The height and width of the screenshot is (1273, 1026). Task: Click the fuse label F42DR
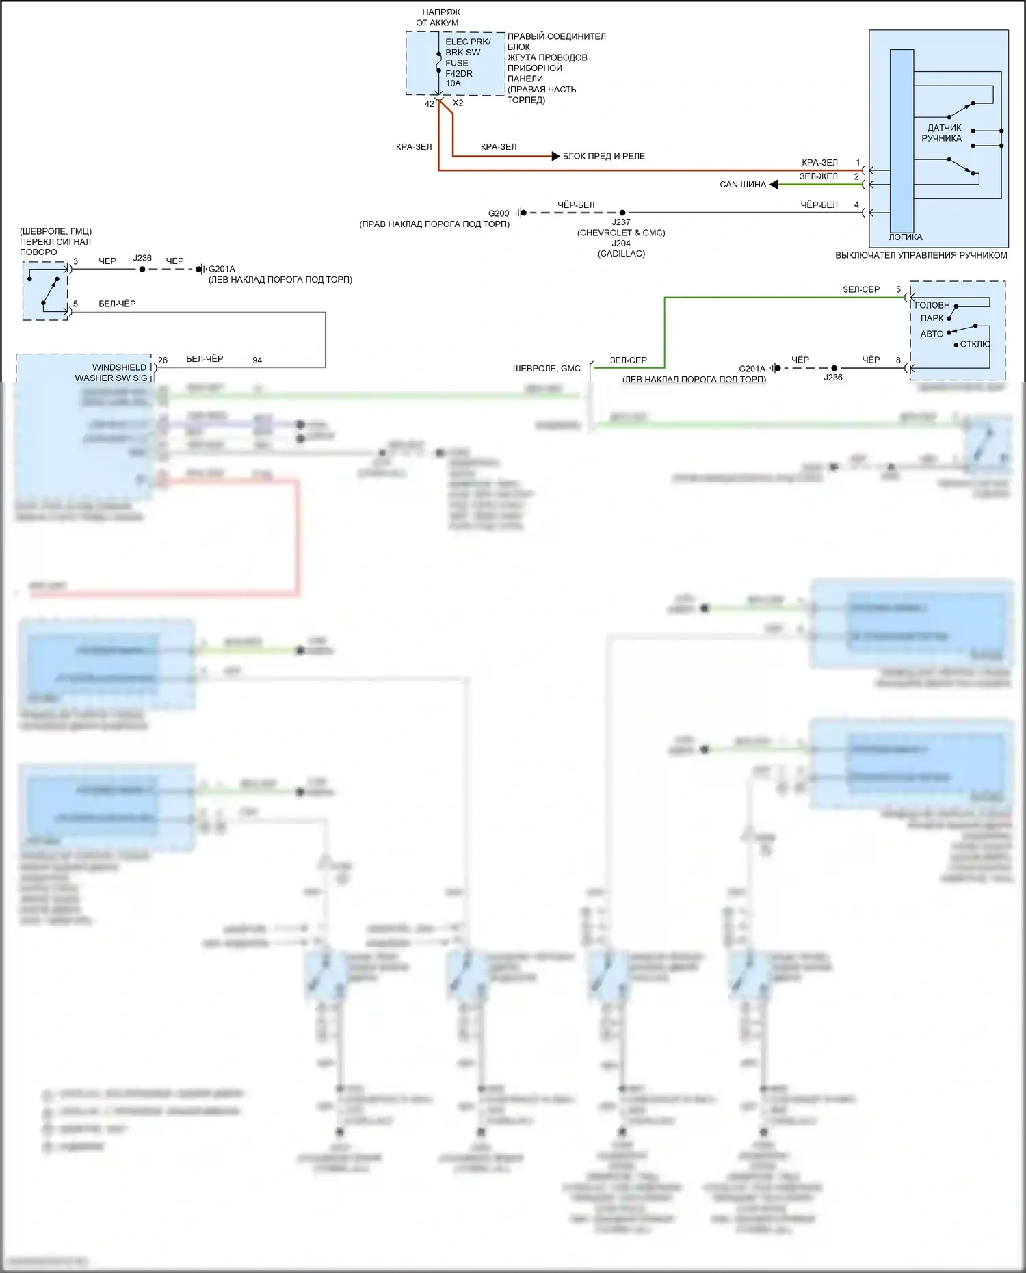tap(458, 73)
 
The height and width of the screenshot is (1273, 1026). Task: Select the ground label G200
tap(499, 213)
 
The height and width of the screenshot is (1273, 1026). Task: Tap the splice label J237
tap(621, 222)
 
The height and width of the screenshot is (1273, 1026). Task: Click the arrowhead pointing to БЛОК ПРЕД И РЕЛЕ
tap(555, 156)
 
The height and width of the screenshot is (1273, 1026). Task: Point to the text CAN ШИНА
tap(743, 185)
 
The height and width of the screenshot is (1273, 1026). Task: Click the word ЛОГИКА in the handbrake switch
tap(905, 237)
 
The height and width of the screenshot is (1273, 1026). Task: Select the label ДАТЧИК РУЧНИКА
tap(943, 133)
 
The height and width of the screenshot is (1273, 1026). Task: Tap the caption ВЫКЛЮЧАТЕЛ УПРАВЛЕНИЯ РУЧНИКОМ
tap(921, 255)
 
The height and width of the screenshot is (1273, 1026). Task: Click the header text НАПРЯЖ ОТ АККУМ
tap(439, 17)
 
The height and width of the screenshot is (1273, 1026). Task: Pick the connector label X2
tap(458, 103)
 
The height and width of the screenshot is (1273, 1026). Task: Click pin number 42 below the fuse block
tap(429, 104)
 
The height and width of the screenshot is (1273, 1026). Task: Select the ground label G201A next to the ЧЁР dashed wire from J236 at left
tap(222, 269)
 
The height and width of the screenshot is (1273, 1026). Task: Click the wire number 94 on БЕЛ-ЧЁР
tap(257, 360)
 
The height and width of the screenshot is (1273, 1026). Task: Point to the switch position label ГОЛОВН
tap(932, 305)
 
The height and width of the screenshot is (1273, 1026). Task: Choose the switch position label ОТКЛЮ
tap(975, 344)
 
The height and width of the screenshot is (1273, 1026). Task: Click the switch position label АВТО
tap(932, 334)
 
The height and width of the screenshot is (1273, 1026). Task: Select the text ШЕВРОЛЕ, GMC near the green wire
tap(547, 369)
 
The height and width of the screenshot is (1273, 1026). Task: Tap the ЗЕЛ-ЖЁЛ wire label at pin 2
tap(818, 176)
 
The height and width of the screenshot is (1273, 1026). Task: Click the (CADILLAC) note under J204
tap(621, 254)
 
